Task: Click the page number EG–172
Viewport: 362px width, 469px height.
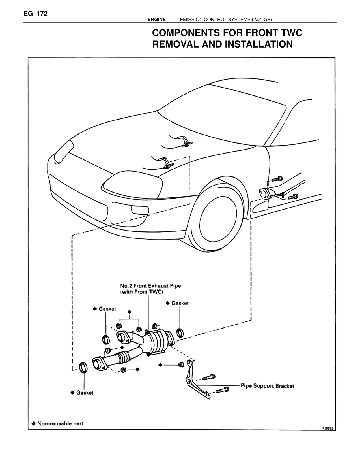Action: pos(36,14)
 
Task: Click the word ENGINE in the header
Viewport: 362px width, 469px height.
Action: pos(156,20)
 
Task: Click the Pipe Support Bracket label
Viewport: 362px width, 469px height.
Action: pos(267,386)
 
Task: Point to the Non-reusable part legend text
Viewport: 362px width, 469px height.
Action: pos(60,424)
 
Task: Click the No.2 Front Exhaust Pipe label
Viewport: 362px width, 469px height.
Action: pos(150,286)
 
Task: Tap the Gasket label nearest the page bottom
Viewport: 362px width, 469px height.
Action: pos(85,393)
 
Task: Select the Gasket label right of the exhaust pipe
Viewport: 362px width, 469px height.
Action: pos(180,303)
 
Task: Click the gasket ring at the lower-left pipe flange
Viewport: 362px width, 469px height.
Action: pos(83,367)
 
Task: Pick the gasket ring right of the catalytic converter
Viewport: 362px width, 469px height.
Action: pos(179,332)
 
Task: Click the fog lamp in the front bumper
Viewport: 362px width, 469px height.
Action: pos(140,210)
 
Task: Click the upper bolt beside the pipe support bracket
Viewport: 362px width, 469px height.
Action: pos(209,377)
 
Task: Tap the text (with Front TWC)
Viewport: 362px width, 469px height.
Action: pos(142,292)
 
